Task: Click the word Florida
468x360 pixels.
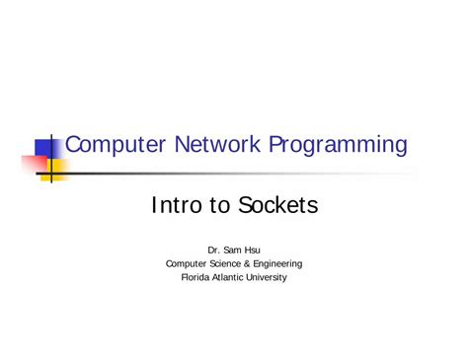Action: point(195,277)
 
